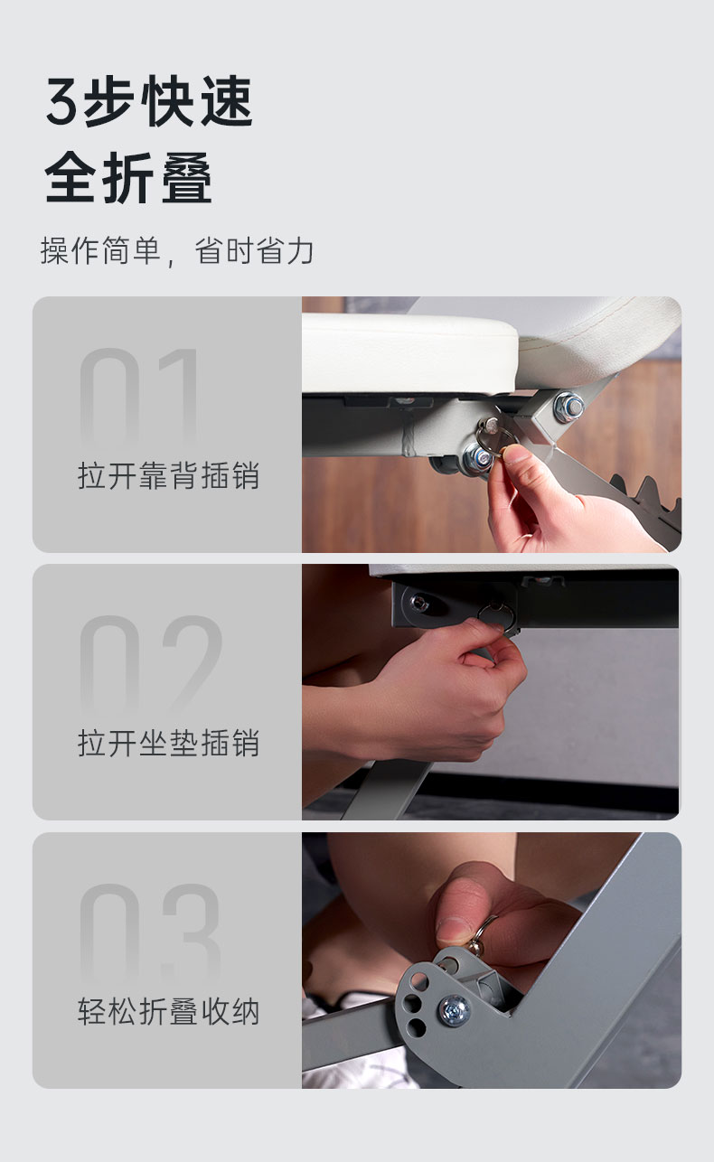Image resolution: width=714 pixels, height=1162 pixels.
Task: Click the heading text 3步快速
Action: pos(149,101)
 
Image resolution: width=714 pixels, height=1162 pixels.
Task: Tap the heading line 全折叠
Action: pos(128,177)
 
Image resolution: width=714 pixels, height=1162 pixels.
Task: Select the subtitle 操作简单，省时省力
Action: pos(177,251)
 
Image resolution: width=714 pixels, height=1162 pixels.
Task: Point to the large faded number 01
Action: pos(139,397)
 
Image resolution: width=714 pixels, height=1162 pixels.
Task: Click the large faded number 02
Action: pos(150,666)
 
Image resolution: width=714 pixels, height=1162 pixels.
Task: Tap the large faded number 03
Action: pos(150,933)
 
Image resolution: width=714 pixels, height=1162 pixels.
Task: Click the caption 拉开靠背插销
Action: pos(168,475)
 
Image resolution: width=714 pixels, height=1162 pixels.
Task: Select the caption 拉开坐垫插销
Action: pos(168,743)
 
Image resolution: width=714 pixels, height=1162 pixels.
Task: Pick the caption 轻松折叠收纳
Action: pos(168,1012)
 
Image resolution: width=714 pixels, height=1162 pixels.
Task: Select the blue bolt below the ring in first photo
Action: pos(479,458)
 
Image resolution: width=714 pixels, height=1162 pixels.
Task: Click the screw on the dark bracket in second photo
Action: pos(418,603)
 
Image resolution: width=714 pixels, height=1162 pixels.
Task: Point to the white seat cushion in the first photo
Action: pos(410,352)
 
